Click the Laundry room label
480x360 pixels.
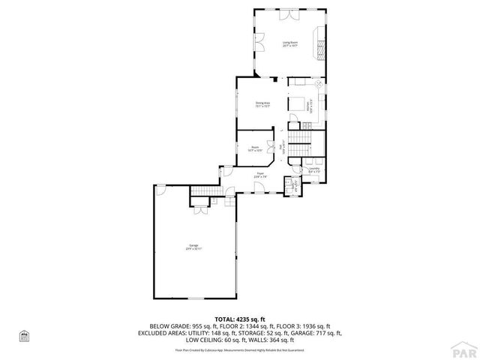point(314,169)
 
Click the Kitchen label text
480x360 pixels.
point(309,106)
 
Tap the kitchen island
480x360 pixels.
point(296,104)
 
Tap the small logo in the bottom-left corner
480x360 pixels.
point(23,335)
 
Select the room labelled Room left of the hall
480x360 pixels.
point(255,148)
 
